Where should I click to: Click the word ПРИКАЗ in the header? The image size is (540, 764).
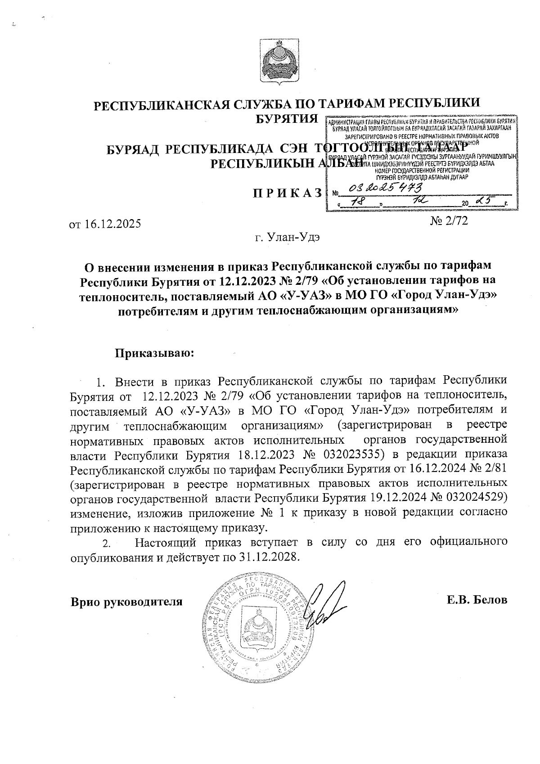click(x=287, y=192)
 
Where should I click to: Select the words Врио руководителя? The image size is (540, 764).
click(x=127, y=602)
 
